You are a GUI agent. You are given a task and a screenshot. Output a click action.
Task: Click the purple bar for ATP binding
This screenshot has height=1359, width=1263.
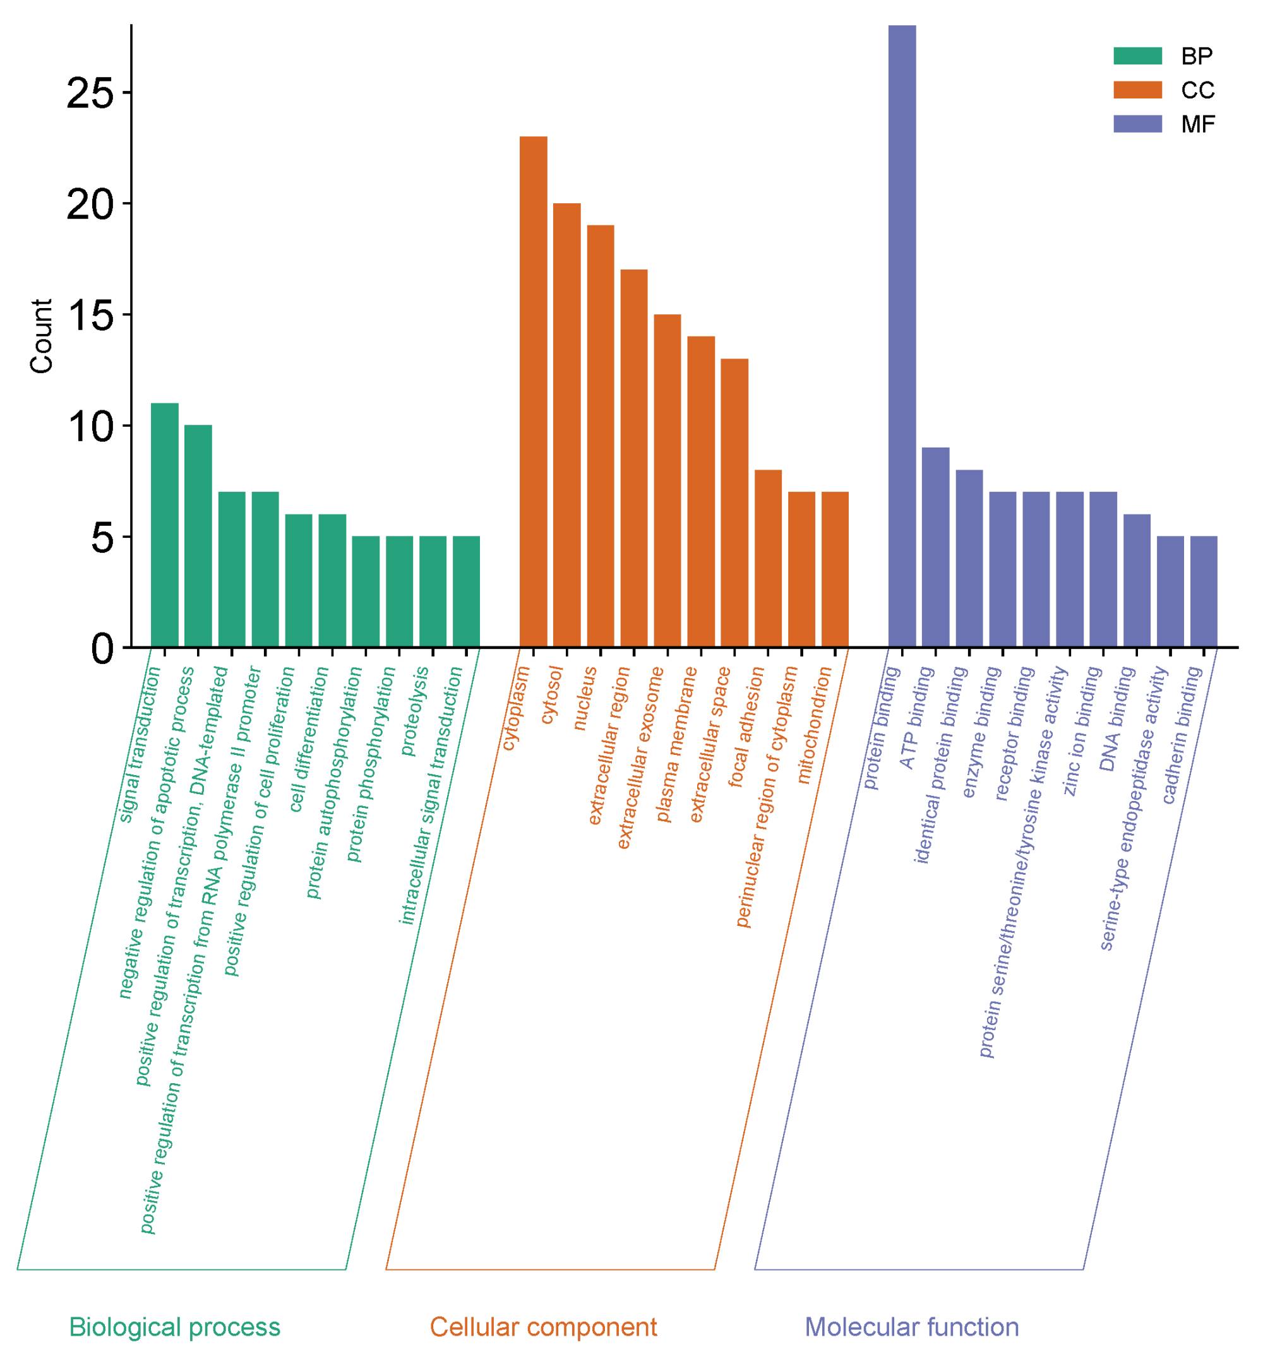935,547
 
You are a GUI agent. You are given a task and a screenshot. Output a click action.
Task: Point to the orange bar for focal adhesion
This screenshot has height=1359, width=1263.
768,558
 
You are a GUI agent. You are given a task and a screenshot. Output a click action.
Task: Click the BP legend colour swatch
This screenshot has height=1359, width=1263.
1137,56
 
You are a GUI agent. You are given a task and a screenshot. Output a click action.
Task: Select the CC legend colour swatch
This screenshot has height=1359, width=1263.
1137,90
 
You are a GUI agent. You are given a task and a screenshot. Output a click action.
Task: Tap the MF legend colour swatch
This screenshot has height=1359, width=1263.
1137,124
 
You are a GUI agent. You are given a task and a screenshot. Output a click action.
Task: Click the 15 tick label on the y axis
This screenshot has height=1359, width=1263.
90,315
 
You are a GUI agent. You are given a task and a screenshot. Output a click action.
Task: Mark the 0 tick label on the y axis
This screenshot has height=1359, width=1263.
101,648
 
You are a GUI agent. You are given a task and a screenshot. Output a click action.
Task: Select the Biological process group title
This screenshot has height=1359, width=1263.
175,1327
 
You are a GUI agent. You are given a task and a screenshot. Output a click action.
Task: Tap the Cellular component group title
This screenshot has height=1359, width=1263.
543,1327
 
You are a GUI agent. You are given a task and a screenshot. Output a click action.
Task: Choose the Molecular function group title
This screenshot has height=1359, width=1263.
912,1327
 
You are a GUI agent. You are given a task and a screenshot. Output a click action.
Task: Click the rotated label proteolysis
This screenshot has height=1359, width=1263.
416,711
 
